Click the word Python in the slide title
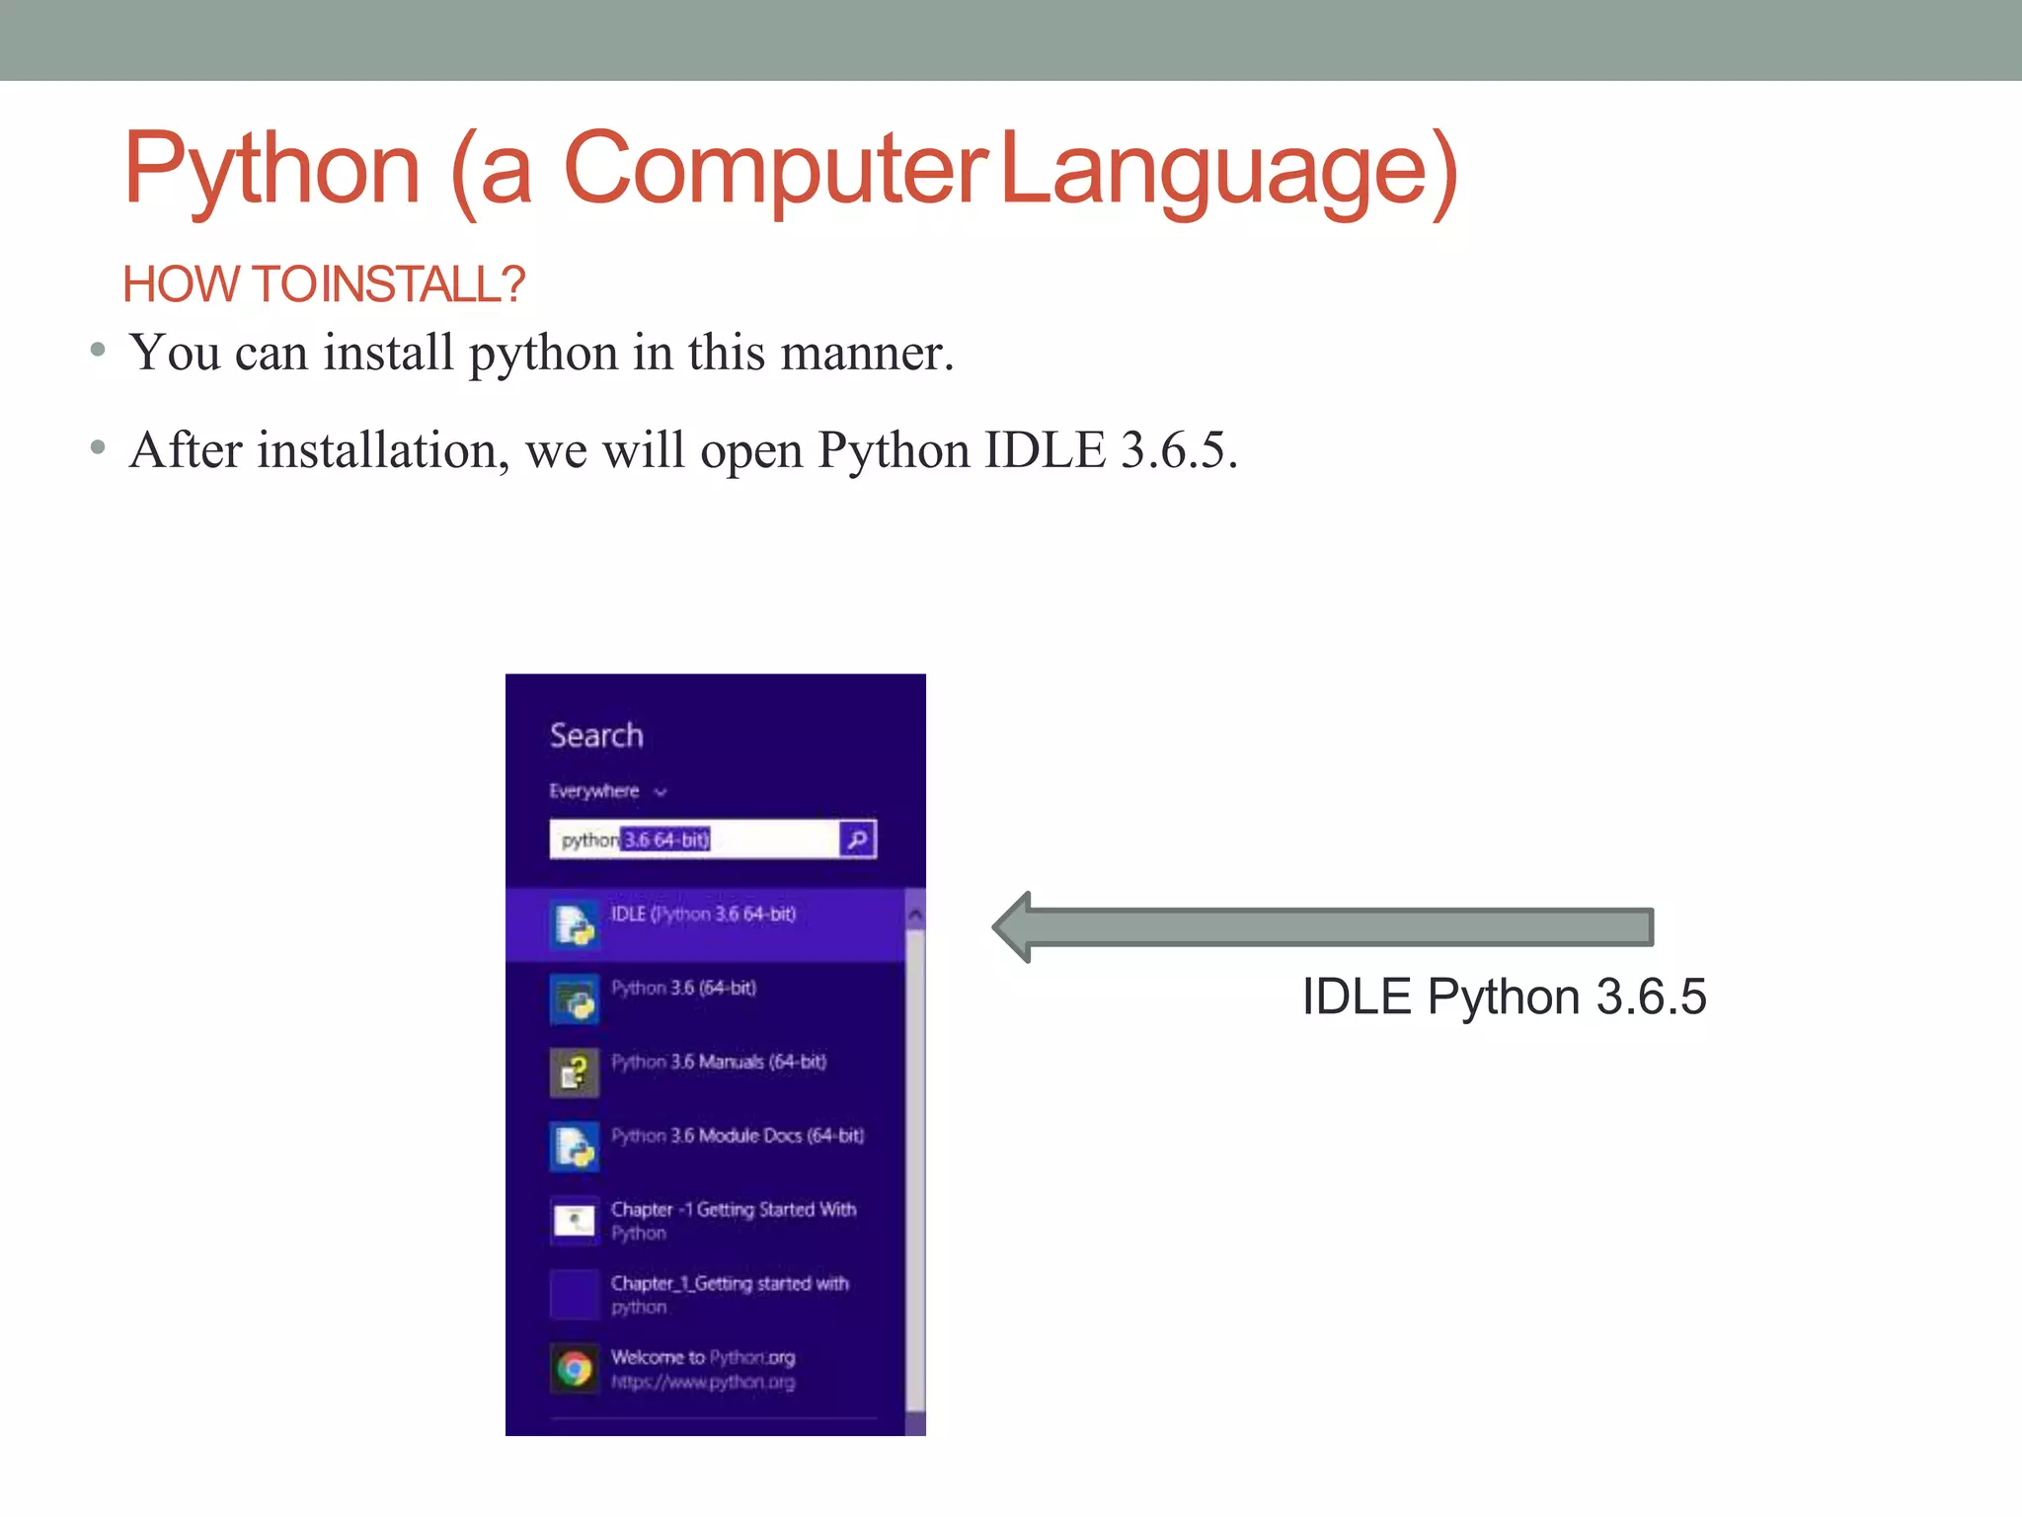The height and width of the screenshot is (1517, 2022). tap(272, 170)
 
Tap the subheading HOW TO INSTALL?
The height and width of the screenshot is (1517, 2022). tap(323, 284)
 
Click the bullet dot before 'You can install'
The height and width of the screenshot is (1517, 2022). tap(97, 350)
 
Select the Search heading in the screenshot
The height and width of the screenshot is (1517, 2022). tap(595, 736)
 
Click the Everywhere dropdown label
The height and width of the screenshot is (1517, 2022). tap(595, 791)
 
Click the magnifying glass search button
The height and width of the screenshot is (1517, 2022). tap(857, 839)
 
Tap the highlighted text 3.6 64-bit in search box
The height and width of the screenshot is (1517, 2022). tap(665, 840)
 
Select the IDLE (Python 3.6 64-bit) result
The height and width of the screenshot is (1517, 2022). tap(702, 915)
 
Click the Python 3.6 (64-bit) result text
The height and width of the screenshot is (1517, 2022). tap(683, 989)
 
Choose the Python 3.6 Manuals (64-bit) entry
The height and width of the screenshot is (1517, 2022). tap(718, 1063)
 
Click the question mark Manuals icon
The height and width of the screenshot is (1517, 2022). tap(574, 1073)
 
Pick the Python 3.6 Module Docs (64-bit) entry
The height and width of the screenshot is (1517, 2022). tap(737, 1137)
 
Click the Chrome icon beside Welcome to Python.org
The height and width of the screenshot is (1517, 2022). tap(574, 1369)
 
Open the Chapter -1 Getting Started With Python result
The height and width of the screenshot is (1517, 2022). tap(732, 1221)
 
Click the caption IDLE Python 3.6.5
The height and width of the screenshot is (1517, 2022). tap(1503, 997)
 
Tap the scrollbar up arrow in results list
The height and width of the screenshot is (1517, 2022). tap(915, 916)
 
